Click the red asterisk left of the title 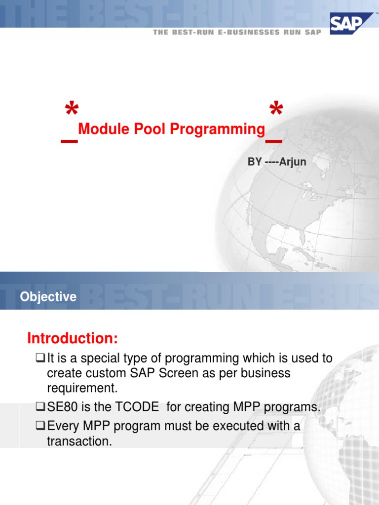[x=72, y=109]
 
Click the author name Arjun [x=293, y=162]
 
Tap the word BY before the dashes [x=255, y=162]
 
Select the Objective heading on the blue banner [x=48, y=297]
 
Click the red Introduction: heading [x=73, y=339]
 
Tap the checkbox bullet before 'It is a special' [x=41, y=358]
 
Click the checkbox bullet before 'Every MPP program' [x=41, y=426]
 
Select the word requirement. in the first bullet [x=82, y=388]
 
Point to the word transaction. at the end [x=79, y=441]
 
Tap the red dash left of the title [x=69, y=142]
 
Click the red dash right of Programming [x=274, y=142]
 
